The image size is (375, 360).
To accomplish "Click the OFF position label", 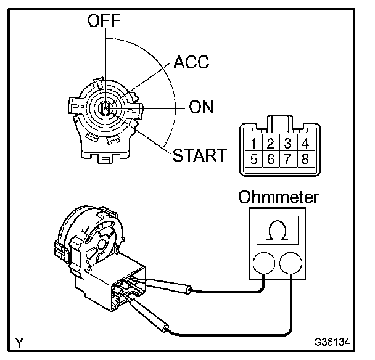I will [104, 22].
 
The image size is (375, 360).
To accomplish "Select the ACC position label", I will [191, 62].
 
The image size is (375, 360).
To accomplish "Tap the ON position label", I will [201, 107].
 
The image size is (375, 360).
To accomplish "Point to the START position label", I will [199, 154].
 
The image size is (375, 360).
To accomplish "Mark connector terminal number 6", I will [271, 160].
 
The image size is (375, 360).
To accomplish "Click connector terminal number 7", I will [287, 160].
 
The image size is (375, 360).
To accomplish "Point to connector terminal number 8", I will [303, 160].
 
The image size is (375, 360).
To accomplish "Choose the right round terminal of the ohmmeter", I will [292, 264].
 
